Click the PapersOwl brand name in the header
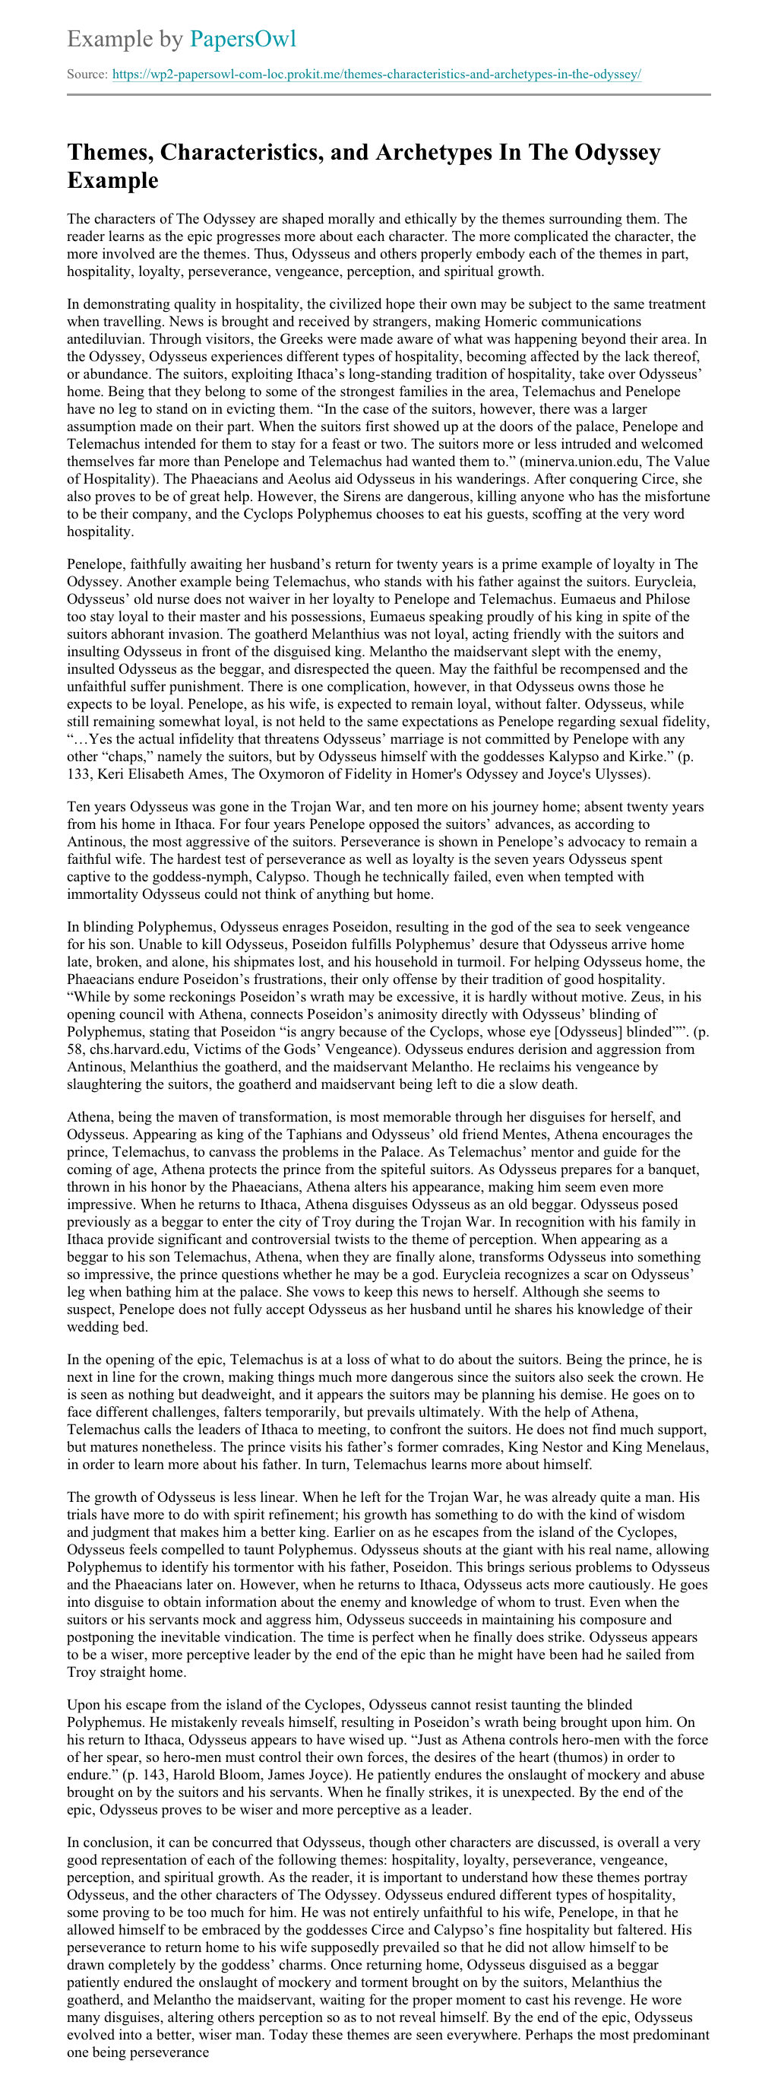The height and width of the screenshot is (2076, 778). (x=242, y=39)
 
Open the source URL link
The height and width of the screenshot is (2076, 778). (x=376, y=75)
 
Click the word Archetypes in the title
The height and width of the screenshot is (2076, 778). (x=446, y=152)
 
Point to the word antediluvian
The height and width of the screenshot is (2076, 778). (x=106, y=339)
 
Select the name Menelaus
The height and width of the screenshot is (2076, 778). (x=675, y=1446)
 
